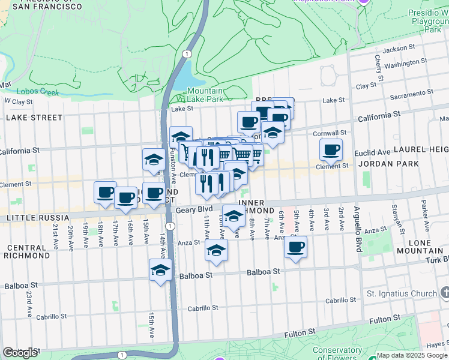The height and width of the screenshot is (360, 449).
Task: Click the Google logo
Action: tap(20, 353)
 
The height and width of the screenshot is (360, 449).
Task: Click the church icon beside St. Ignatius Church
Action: tap(444, 293)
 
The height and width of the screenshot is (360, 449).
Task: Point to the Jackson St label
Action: tap(399, 48)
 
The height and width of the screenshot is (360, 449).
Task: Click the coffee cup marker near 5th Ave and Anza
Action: tap(295, 247)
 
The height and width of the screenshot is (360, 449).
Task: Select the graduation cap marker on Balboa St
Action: tap(160, 271)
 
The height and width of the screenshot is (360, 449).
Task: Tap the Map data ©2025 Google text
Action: tap(411, 355)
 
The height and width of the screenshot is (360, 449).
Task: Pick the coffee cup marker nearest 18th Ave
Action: tap(105, 193)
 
